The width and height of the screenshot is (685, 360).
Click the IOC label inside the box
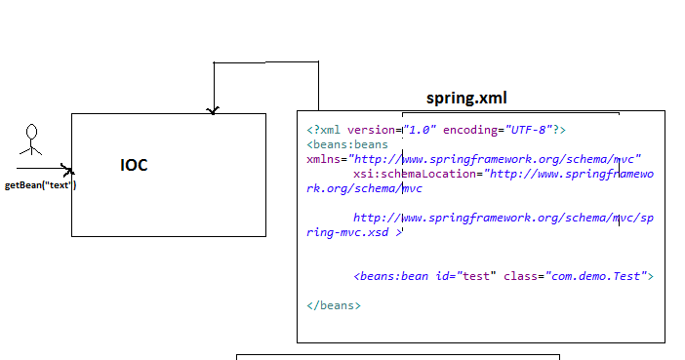click(134, 165)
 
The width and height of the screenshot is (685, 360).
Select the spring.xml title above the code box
click(466, 99)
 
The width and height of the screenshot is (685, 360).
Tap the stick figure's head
click(31, 130)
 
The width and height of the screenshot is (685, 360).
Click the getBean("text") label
click(40, 184)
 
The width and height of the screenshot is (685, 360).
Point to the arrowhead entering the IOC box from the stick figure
click(67, 170)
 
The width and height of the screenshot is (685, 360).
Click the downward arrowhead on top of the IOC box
click(213, 110)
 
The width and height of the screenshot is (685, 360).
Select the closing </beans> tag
click(334, 305)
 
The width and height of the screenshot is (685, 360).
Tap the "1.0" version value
click(422, 130)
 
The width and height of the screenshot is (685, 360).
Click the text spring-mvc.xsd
click(350, 232)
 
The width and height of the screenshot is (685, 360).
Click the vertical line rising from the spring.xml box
click(318, 86)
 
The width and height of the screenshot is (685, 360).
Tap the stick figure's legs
click(31, 151)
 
